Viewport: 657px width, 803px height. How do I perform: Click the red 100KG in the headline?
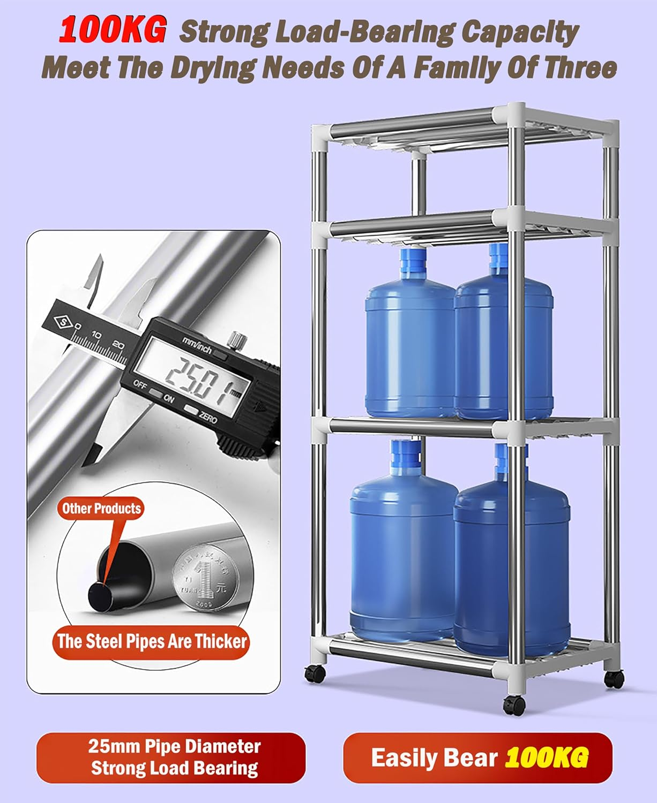112,31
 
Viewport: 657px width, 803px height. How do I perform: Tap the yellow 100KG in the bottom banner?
547,757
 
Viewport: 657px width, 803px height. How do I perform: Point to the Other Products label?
101,508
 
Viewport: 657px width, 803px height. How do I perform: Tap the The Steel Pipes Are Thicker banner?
152,641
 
